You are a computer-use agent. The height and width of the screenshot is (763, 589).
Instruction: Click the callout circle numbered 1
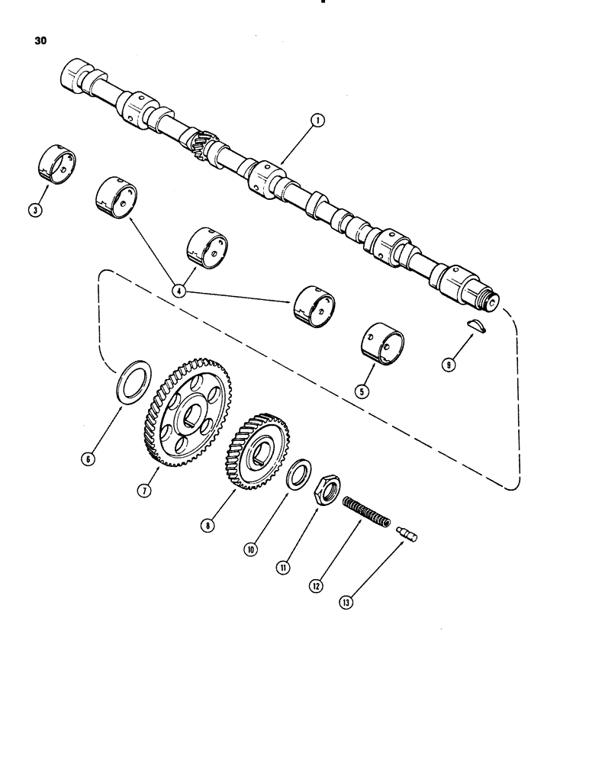pyautogui.click(x=317, y=120)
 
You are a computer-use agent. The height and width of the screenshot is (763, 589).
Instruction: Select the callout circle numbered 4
pyautogui.click(x=179, y=290)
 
